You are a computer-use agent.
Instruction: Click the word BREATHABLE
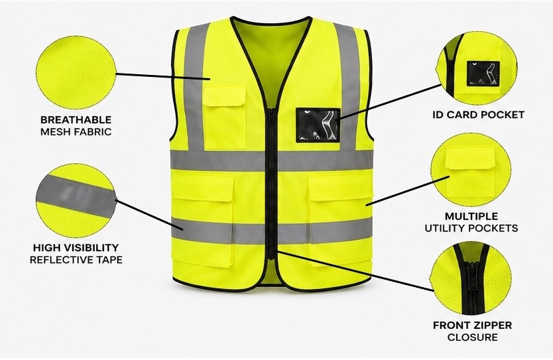coord(76,120)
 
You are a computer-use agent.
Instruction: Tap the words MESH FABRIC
coord(76,132)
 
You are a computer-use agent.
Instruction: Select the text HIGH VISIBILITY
coord(76,247)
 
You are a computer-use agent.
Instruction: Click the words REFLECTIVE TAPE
coord(76,260)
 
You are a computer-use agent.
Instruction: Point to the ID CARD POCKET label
coord(478,115)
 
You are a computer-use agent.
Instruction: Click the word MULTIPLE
coord(471,216)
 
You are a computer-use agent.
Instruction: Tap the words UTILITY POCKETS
coord(471,228)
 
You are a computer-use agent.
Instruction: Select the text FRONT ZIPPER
coord(472,325)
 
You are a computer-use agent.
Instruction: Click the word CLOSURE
coord(472,337)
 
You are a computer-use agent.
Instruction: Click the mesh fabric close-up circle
coord(76,72)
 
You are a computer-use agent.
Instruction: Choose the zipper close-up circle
coord(471,278)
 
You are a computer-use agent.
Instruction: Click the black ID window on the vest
coord(318,125)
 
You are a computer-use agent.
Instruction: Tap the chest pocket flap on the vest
coord(225,96)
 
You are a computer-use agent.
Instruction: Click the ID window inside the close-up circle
coord(483,74)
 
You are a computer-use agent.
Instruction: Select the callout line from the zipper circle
coord(355,271)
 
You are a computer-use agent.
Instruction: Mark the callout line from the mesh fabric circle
coord(163,76)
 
